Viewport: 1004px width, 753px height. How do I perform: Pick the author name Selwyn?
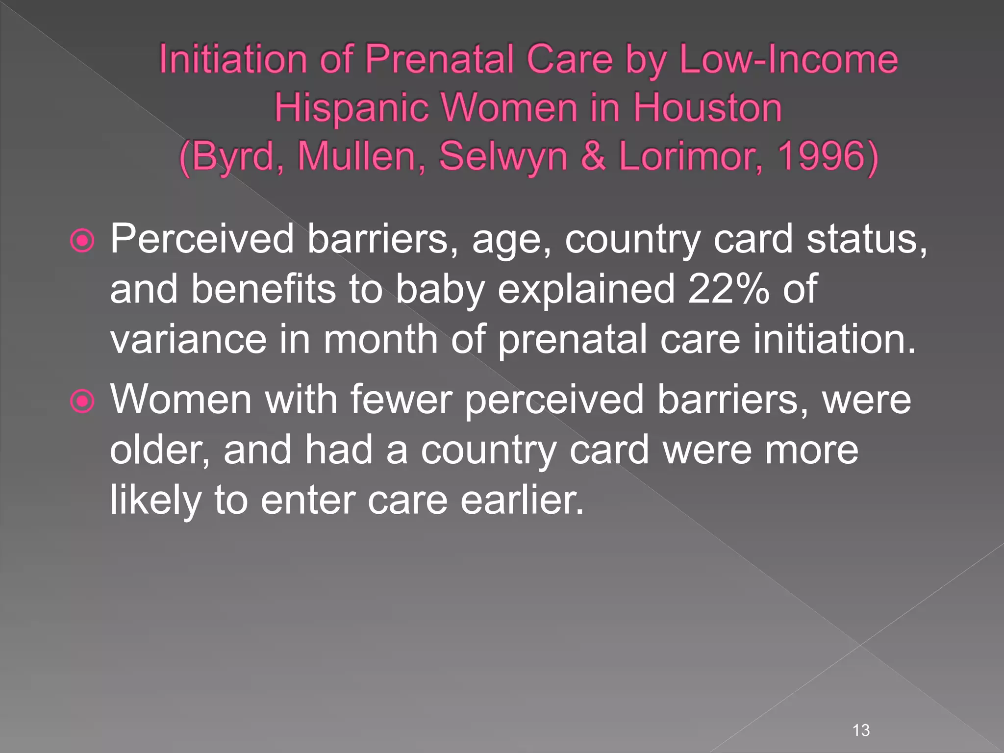(x=503, y=156)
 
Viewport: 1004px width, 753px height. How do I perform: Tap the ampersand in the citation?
(x=593, y=156)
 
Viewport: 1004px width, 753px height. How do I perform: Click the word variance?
(x=188, y=339)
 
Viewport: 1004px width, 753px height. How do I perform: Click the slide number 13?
(x=861, y=730)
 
